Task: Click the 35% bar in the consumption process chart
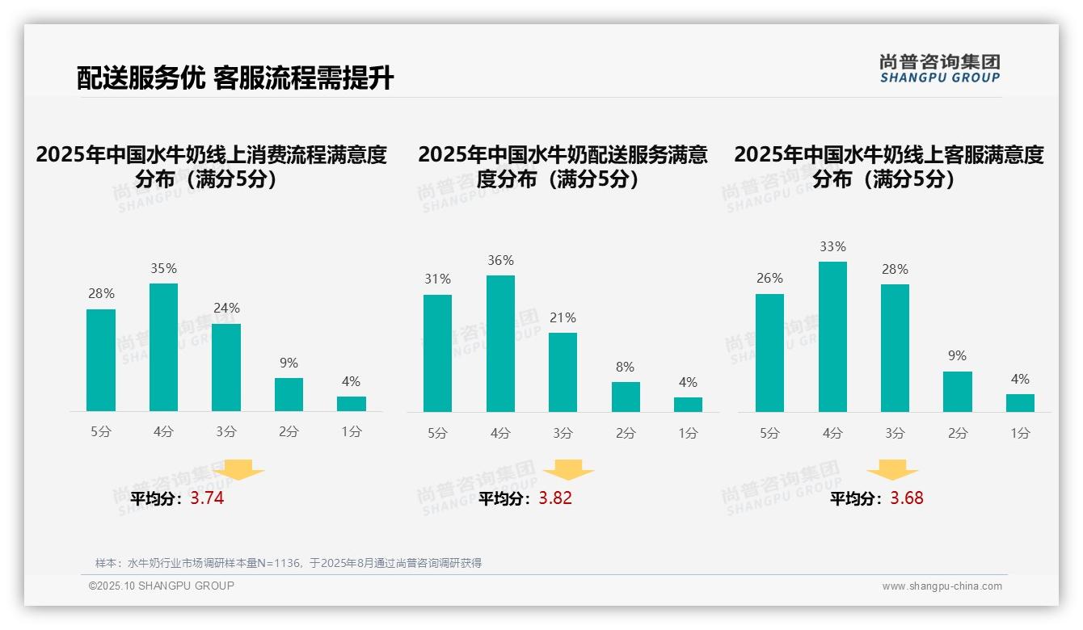pos(163,347)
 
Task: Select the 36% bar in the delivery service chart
pos(500,343)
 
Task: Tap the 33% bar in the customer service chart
pos(832,337)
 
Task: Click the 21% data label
pos(563,317)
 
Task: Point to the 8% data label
pos(625,367)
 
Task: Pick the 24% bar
pos(226,367)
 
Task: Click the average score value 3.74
pos(207,498)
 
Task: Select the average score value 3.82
pos(555,498)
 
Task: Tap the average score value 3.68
pos(907,498)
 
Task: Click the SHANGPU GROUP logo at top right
pos(940,69)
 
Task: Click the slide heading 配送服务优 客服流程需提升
pos(235,78)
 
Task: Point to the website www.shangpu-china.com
pos(942,586)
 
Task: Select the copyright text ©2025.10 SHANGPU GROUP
pos(162,586)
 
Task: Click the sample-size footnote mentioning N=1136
pos(289,563)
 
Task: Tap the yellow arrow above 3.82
pos(568,469)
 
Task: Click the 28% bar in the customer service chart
pos(895,348)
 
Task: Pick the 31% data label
pos(437,279)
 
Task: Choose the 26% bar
pos(769,353)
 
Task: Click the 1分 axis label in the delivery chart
pos(688,433)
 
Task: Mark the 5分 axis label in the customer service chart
pos(769,433)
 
